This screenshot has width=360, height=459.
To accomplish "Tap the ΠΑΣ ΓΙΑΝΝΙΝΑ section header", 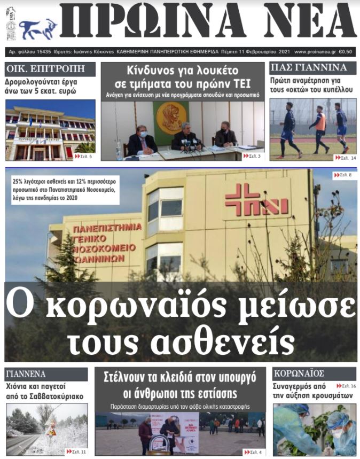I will [306, 68].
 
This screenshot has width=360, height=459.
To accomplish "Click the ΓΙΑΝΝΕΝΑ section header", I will [26, 374].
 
